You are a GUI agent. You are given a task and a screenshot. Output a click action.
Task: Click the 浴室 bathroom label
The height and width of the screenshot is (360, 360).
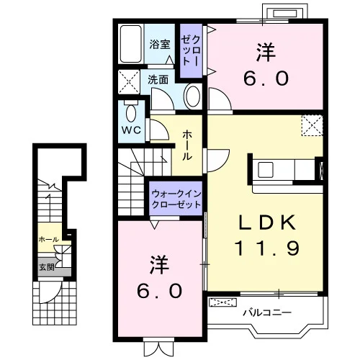point(160,45)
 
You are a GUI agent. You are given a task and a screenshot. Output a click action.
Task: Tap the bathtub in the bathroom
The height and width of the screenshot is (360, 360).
point(131,44)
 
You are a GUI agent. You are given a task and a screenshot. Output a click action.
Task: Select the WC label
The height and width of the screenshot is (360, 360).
point(131,130)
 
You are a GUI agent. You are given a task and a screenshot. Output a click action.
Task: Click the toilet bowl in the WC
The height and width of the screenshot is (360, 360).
point(131,112)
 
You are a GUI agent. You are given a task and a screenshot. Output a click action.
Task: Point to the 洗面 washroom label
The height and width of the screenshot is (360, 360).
point(158,80)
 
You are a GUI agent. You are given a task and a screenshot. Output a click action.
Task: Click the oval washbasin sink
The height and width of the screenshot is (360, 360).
point(193,96)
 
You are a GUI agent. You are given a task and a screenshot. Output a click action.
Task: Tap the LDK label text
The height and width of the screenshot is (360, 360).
point(266,222)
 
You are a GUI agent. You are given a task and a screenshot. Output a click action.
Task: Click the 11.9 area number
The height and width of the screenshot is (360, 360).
point(267,248)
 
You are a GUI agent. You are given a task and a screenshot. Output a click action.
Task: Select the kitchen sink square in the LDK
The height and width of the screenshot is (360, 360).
point(266,170)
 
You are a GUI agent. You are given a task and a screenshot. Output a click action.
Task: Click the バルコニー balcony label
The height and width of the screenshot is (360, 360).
point(267,312)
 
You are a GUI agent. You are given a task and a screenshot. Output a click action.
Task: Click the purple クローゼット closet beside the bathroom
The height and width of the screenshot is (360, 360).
point(191,50)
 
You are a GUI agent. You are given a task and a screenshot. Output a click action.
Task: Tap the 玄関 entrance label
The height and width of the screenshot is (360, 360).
point(47,267)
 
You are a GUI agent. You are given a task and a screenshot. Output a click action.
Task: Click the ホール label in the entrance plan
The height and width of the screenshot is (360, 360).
point(49,239)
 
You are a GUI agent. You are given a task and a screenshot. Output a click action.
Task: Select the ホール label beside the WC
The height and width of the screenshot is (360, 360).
point(187,145)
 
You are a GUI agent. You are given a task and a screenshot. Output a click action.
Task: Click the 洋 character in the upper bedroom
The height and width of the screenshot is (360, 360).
point(266,52)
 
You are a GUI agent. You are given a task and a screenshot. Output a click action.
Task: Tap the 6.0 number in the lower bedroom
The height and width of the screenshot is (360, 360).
point(159,291)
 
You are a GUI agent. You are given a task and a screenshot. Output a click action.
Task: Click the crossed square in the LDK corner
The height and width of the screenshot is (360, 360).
point(312,125)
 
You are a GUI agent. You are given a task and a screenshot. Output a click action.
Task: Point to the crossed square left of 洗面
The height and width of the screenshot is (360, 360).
point(129,82)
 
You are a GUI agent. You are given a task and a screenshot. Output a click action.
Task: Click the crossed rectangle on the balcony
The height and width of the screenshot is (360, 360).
point(223,302)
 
